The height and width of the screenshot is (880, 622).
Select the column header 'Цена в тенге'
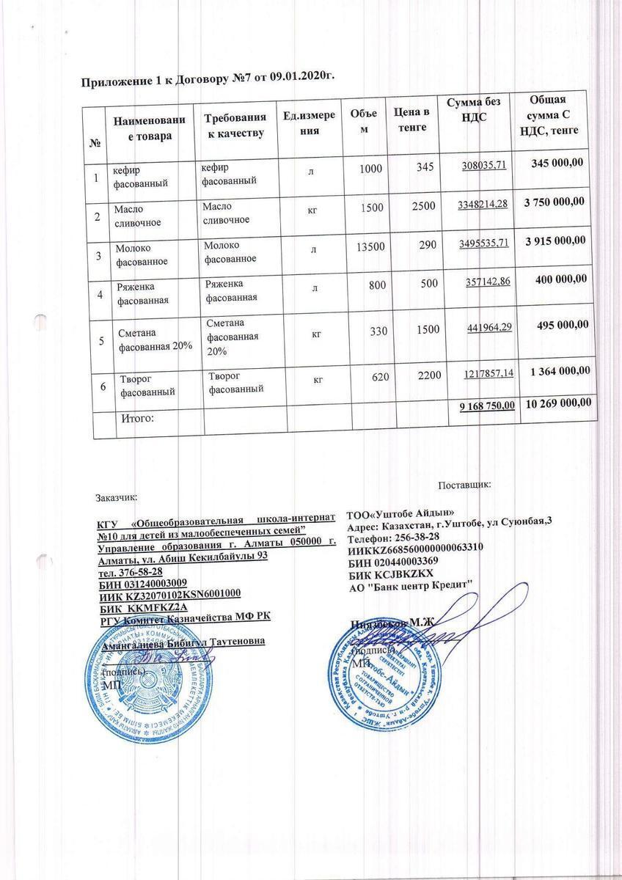coord(411,120)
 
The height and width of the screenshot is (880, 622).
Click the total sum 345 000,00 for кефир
coord(555,162)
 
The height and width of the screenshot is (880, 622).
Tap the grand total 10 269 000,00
coord(555,406)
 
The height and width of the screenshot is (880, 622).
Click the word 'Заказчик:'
coord(117,496)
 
